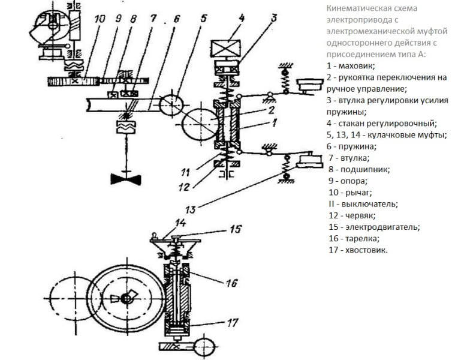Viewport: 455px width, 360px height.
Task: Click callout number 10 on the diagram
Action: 100,19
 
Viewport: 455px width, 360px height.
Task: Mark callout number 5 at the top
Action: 204,19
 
